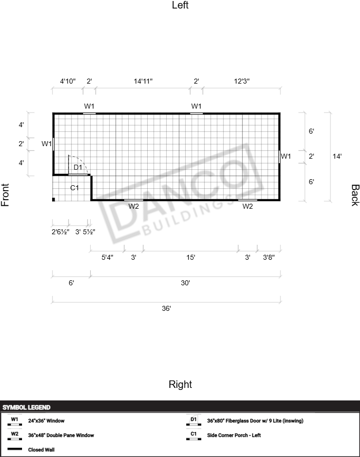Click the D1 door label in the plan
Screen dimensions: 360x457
78,167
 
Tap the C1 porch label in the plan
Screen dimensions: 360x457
75,188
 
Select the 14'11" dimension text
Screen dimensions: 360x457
143,81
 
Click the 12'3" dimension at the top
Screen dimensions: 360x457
242,81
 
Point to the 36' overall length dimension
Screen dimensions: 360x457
166,308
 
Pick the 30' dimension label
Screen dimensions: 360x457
185,283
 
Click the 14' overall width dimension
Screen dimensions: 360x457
337,156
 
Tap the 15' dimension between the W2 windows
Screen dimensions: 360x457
191,257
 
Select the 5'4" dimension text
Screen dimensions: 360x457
107,257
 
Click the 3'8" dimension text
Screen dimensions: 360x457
269,257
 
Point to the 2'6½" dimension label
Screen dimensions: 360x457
61,232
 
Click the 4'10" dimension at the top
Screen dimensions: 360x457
68,81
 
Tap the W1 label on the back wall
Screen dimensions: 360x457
286,156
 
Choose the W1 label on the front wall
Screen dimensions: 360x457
47,143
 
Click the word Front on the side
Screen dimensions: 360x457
5,195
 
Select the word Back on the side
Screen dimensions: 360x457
355,195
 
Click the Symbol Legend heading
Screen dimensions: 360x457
27,407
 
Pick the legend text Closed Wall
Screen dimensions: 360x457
42,449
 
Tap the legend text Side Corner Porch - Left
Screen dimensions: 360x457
234,435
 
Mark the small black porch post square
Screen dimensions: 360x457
54,199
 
